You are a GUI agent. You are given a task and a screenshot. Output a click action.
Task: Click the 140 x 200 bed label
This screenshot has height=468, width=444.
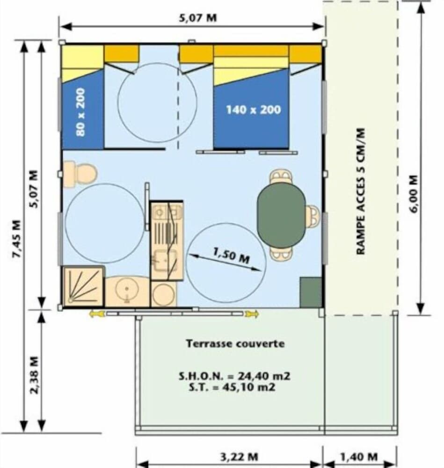253,110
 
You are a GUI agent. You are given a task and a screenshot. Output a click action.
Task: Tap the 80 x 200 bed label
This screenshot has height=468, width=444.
80,112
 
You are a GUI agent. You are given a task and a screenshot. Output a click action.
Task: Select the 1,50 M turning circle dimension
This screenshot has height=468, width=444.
231,256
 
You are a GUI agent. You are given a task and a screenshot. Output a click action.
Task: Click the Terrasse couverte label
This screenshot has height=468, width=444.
235,344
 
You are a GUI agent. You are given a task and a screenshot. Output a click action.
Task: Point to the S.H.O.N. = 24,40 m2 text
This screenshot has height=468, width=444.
234,376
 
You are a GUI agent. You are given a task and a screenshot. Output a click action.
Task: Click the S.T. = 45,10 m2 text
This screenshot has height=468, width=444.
232,387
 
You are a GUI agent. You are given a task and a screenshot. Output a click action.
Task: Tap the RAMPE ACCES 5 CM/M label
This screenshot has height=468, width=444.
361,191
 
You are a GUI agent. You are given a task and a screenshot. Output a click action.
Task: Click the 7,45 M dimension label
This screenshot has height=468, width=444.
17,239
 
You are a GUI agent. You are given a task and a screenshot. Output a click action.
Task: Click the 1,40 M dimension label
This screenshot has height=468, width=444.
359,457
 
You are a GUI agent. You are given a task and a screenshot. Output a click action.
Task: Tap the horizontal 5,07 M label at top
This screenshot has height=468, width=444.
197,18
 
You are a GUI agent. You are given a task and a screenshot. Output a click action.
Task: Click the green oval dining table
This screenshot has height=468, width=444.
281,215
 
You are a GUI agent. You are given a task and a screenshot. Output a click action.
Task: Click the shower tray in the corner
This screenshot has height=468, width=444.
84,286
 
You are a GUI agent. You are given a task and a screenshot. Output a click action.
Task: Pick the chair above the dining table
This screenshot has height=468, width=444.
281,177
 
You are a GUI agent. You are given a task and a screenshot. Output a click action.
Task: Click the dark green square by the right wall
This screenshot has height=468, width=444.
311,292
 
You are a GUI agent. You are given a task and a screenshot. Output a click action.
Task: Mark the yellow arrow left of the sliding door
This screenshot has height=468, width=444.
97,314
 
